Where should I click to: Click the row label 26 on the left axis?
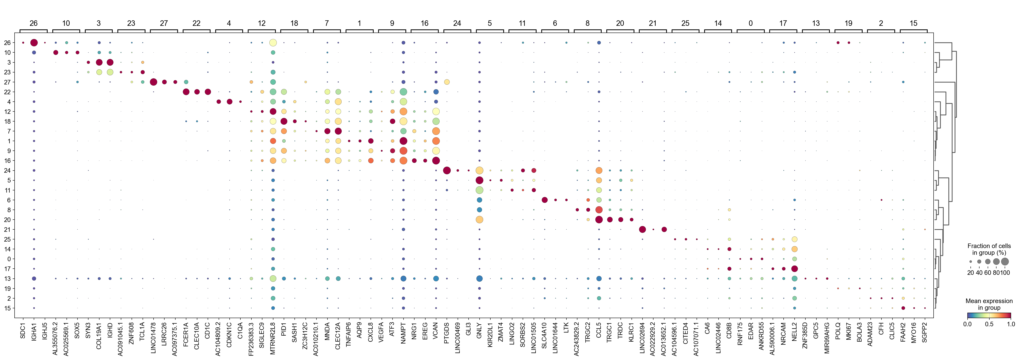7,43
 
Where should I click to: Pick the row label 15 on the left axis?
7,308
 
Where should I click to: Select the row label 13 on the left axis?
7,278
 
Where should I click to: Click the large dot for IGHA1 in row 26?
34,43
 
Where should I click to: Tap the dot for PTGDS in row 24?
447,171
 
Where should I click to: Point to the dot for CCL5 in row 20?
599,220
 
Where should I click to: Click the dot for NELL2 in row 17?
794,269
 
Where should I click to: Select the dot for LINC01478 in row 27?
154,82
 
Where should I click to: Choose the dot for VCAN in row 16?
436,161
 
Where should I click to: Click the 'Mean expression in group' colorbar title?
989,304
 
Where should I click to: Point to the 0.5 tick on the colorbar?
989,324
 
